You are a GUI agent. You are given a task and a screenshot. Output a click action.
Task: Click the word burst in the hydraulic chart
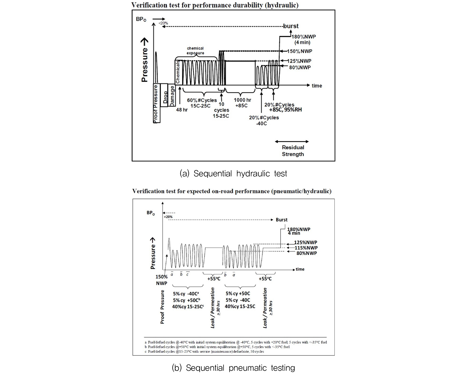pos(291,26)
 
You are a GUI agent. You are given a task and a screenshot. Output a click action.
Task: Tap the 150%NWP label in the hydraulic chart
pos(300,51)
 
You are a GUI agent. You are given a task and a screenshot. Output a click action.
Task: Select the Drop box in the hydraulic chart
pos(164,95)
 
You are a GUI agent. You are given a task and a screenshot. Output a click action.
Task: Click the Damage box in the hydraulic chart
pos(172,95)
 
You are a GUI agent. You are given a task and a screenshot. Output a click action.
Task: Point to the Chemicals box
pos(178,72)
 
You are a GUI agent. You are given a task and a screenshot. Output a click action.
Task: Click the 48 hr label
pos(182,110)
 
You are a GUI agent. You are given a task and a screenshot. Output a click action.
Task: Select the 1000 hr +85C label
pos(242,103)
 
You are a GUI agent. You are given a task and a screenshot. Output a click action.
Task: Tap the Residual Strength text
pos(293,151)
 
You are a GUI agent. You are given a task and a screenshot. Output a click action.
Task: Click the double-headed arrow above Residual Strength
pos(292,142)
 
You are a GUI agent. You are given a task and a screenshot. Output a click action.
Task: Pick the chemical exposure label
pos(195,50)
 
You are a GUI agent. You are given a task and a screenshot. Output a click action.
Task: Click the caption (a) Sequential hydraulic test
pos(233,174)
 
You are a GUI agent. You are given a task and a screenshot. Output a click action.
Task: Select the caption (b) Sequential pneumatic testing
pos(233,368)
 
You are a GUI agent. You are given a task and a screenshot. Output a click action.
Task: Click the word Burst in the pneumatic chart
pos(281,220)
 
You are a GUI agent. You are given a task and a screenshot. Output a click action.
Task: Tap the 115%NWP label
pos(306,248)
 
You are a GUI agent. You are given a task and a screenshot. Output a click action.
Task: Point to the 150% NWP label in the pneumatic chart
pos(161,280)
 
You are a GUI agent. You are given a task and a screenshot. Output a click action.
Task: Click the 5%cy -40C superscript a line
pos(186,294)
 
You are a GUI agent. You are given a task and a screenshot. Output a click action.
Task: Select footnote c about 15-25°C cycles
pos(204,351)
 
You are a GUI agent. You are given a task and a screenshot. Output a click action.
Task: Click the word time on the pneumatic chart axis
pos(300,269)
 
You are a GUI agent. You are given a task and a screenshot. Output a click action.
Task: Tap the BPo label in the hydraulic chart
pos(141,19)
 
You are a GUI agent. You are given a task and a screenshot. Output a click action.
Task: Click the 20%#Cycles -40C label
pos(264,120)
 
